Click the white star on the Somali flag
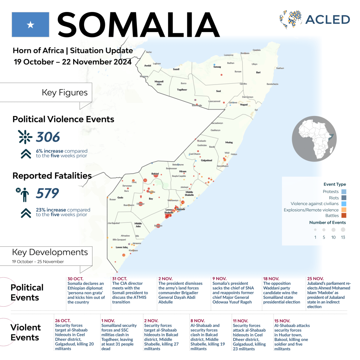[x=31, y=25]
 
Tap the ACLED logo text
[x=327, y=19]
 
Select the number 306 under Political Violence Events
[x=48, y=137]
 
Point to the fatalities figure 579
[x=47, y=193]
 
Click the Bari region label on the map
[x=258, y=72]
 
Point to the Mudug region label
[x=229, y=143]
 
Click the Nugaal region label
[x=244, y=105]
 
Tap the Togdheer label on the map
[x=182, y=90]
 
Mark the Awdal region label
[x=148, y=66]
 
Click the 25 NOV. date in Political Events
[x=315, y=279]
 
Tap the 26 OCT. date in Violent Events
[x=63, y=321]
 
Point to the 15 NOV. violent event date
[x=282, y=321]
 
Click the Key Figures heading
[x=65, y=93]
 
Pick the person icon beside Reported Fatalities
[x=24, y=194]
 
